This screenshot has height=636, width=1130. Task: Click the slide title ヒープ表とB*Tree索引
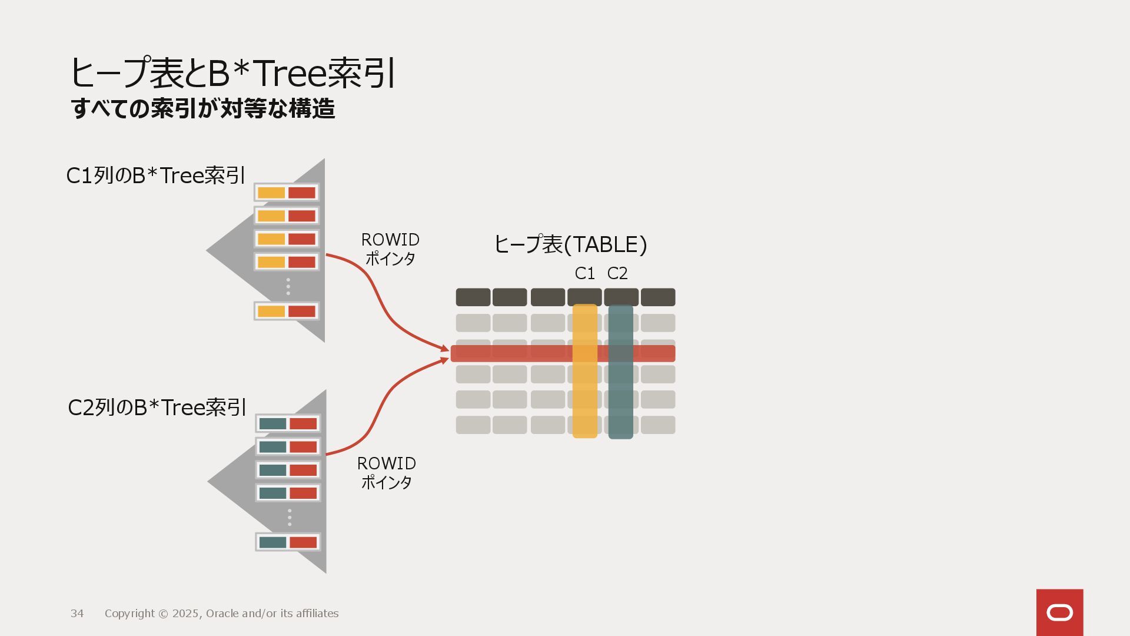pyautogui.click(x=232, y=73)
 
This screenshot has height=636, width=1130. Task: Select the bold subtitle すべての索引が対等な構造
pyautogui.click(x=203, y=109)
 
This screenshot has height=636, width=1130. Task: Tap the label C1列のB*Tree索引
pyautogui.click(x=155, y=175)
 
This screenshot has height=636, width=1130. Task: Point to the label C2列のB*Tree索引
pyautogui.click(x=157, y=408)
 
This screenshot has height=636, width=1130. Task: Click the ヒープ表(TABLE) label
pyautogui.click(x=570, y=244)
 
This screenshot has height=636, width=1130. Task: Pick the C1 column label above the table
pyautogui.click(x=584, y=273)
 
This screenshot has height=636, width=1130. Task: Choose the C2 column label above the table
pyautogui.click(x=617, y=273)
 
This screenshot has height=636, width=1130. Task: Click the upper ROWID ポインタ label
pyautogui.click(x=390, y=249)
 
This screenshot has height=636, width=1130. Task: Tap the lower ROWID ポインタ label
pyautogui.click(x=387, y=473)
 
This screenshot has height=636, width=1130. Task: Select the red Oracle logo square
pyautogui.click(x=1059, y=612)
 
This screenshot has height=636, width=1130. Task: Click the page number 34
pyautogui.click(x=77, y=614)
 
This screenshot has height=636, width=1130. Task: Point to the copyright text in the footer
pyautogui.click(x=221, y=614)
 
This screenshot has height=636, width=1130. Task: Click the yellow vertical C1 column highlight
pyautogui.click(x=584, y=400)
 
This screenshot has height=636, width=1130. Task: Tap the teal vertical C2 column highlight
pyautogui.click(x=620, y=400)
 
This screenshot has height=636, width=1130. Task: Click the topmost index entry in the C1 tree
pyautogui.click(x=287, y=193)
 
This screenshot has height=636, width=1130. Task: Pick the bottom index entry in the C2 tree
pyautogui.click(x=288, y=542)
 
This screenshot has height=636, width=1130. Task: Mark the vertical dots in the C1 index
pyautogui.click(x=288, y=286)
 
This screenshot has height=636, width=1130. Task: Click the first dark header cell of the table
pyautogui.click(x=473, y=297)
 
